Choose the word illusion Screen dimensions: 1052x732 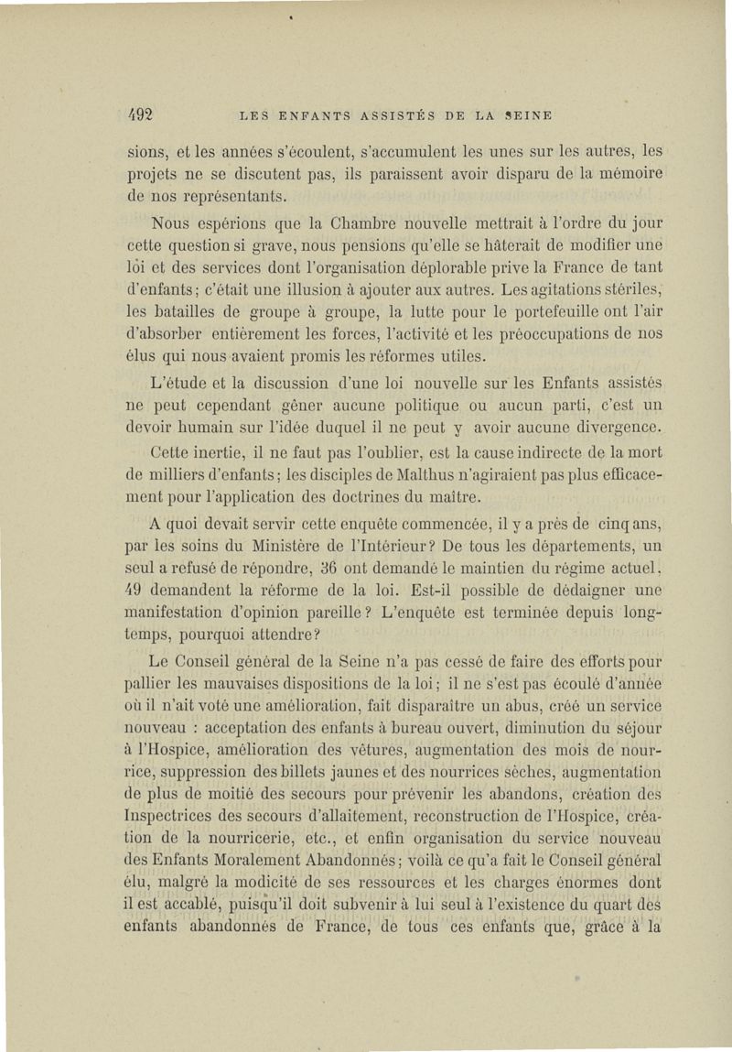pos(350,289)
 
